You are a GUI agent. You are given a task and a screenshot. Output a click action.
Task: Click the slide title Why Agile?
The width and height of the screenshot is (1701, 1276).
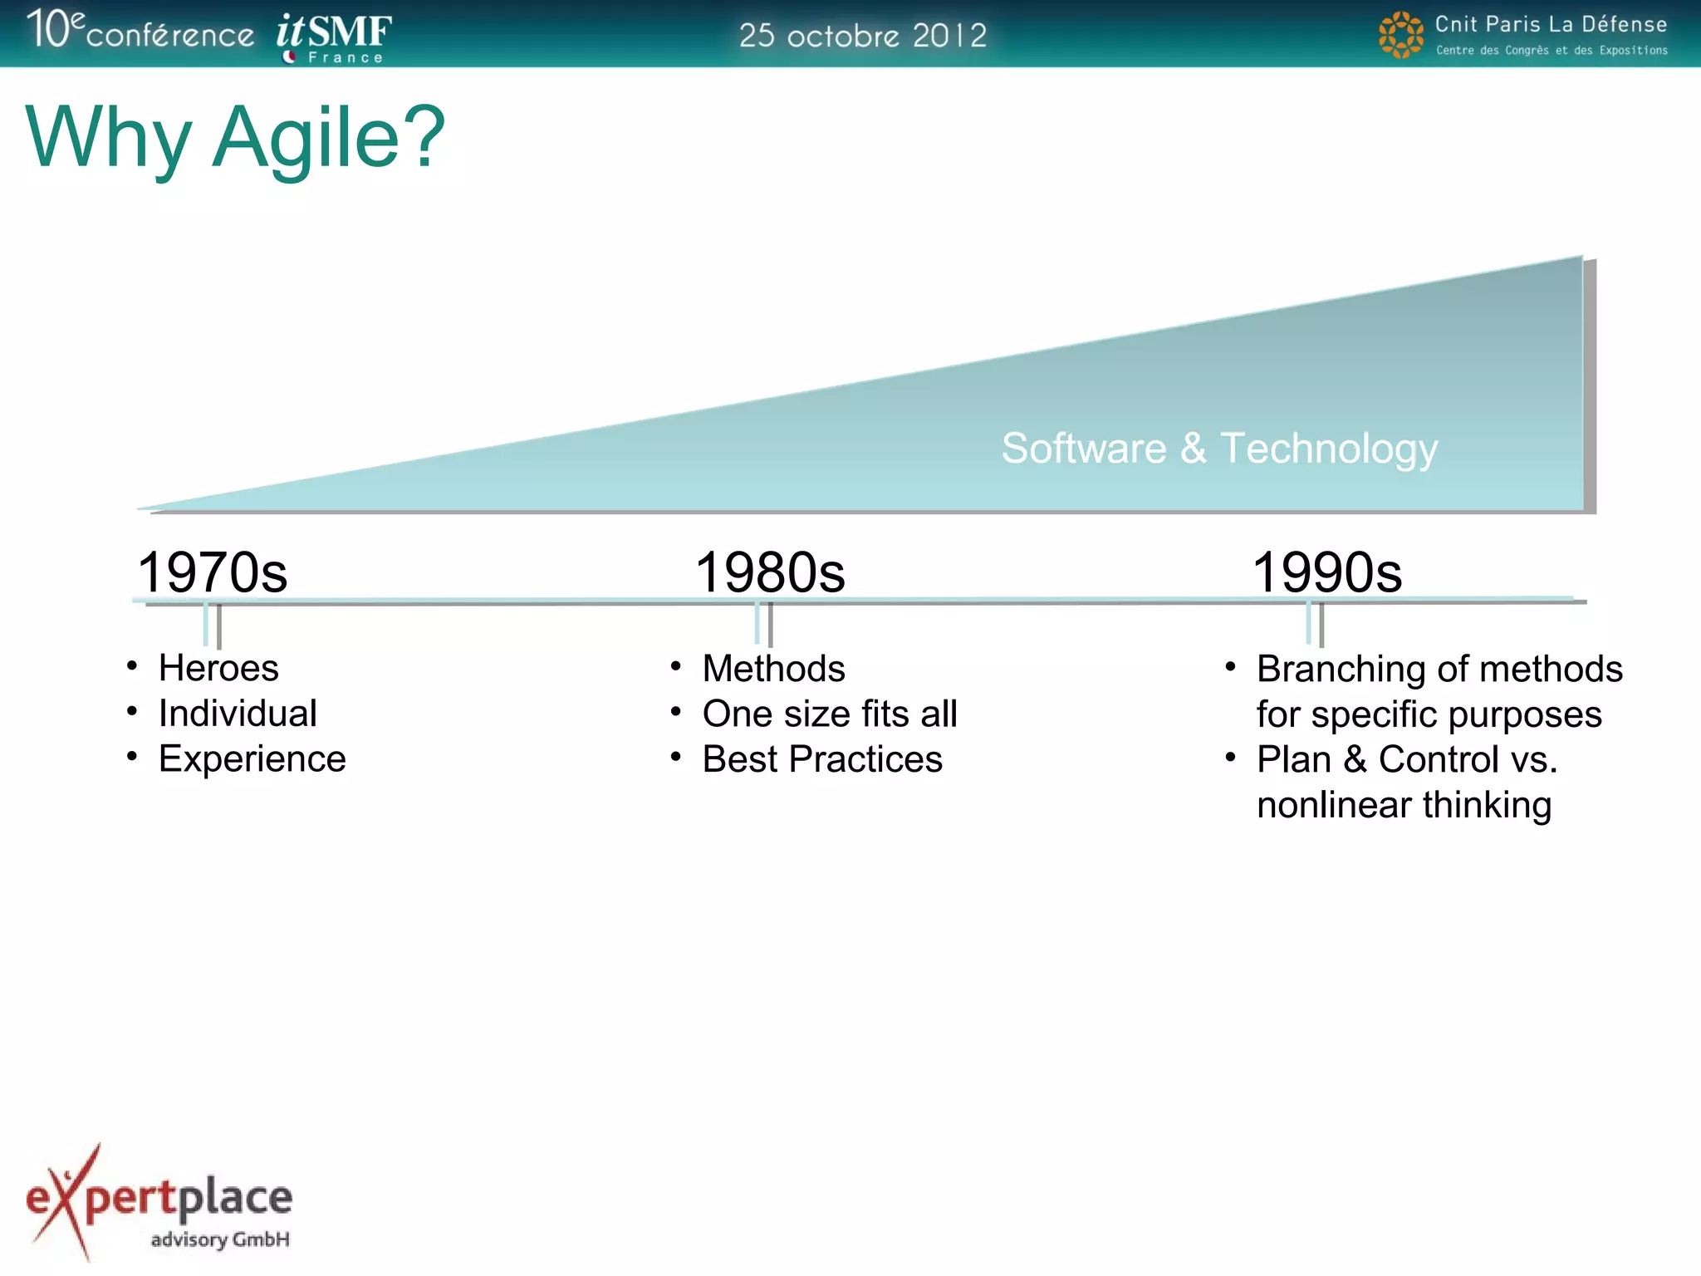click(x=235, y=138)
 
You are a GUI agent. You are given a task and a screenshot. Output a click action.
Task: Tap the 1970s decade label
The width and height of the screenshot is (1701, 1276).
click(x=212, y=572)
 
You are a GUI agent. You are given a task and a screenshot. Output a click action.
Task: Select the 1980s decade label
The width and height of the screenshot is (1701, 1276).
click(x=770, y=572)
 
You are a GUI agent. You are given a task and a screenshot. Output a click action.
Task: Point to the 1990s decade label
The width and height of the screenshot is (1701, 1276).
click(x=1327, y=572)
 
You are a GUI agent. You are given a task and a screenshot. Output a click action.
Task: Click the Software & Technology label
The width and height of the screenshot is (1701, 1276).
click(x=1219, y=449)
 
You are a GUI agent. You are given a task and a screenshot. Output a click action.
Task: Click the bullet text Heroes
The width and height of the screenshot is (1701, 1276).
click(x=218, y=668)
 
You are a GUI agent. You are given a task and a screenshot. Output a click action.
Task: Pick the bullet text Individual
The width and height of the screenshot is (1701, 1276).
click(x=238, y=714)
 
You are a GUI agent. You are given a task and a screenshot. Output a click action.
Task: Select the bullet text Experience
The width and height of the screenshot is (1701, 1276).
click(x=252, y=759)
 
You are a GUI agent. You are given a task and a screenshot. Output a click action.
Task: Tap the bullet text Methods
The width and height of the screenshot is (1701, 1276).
click(x=773, y=669)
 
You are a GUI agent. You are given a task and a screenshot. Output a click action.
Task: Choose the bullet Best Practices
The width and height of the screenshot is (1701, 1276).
click(x=822, y=759)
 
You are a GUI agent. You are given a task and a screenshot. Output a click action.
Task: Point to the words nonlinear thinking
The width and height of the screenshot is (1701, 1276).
click(x=1404, y=805)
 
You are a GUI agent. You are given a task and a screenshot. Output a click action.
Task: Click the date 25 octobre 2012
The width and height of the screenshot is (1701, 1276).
click(x=863, y=36)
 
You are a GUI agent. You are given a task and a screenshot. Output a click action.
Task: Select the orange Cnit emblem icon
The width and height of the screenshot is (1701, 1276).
click(x=1400, y=35)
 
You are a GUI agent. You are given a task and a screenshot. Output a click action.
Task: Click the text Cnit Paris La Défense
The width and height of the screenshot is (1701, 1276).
click(x=1551, y=24)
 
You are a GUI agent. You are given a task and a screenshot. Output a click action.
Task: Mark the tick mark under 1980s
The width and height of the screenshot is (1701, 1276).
click(x=763, y=624)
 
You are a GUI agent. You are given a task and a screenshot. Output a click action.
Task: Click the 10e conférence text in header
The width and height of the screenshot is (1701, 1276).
click(x=140, y=31)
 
